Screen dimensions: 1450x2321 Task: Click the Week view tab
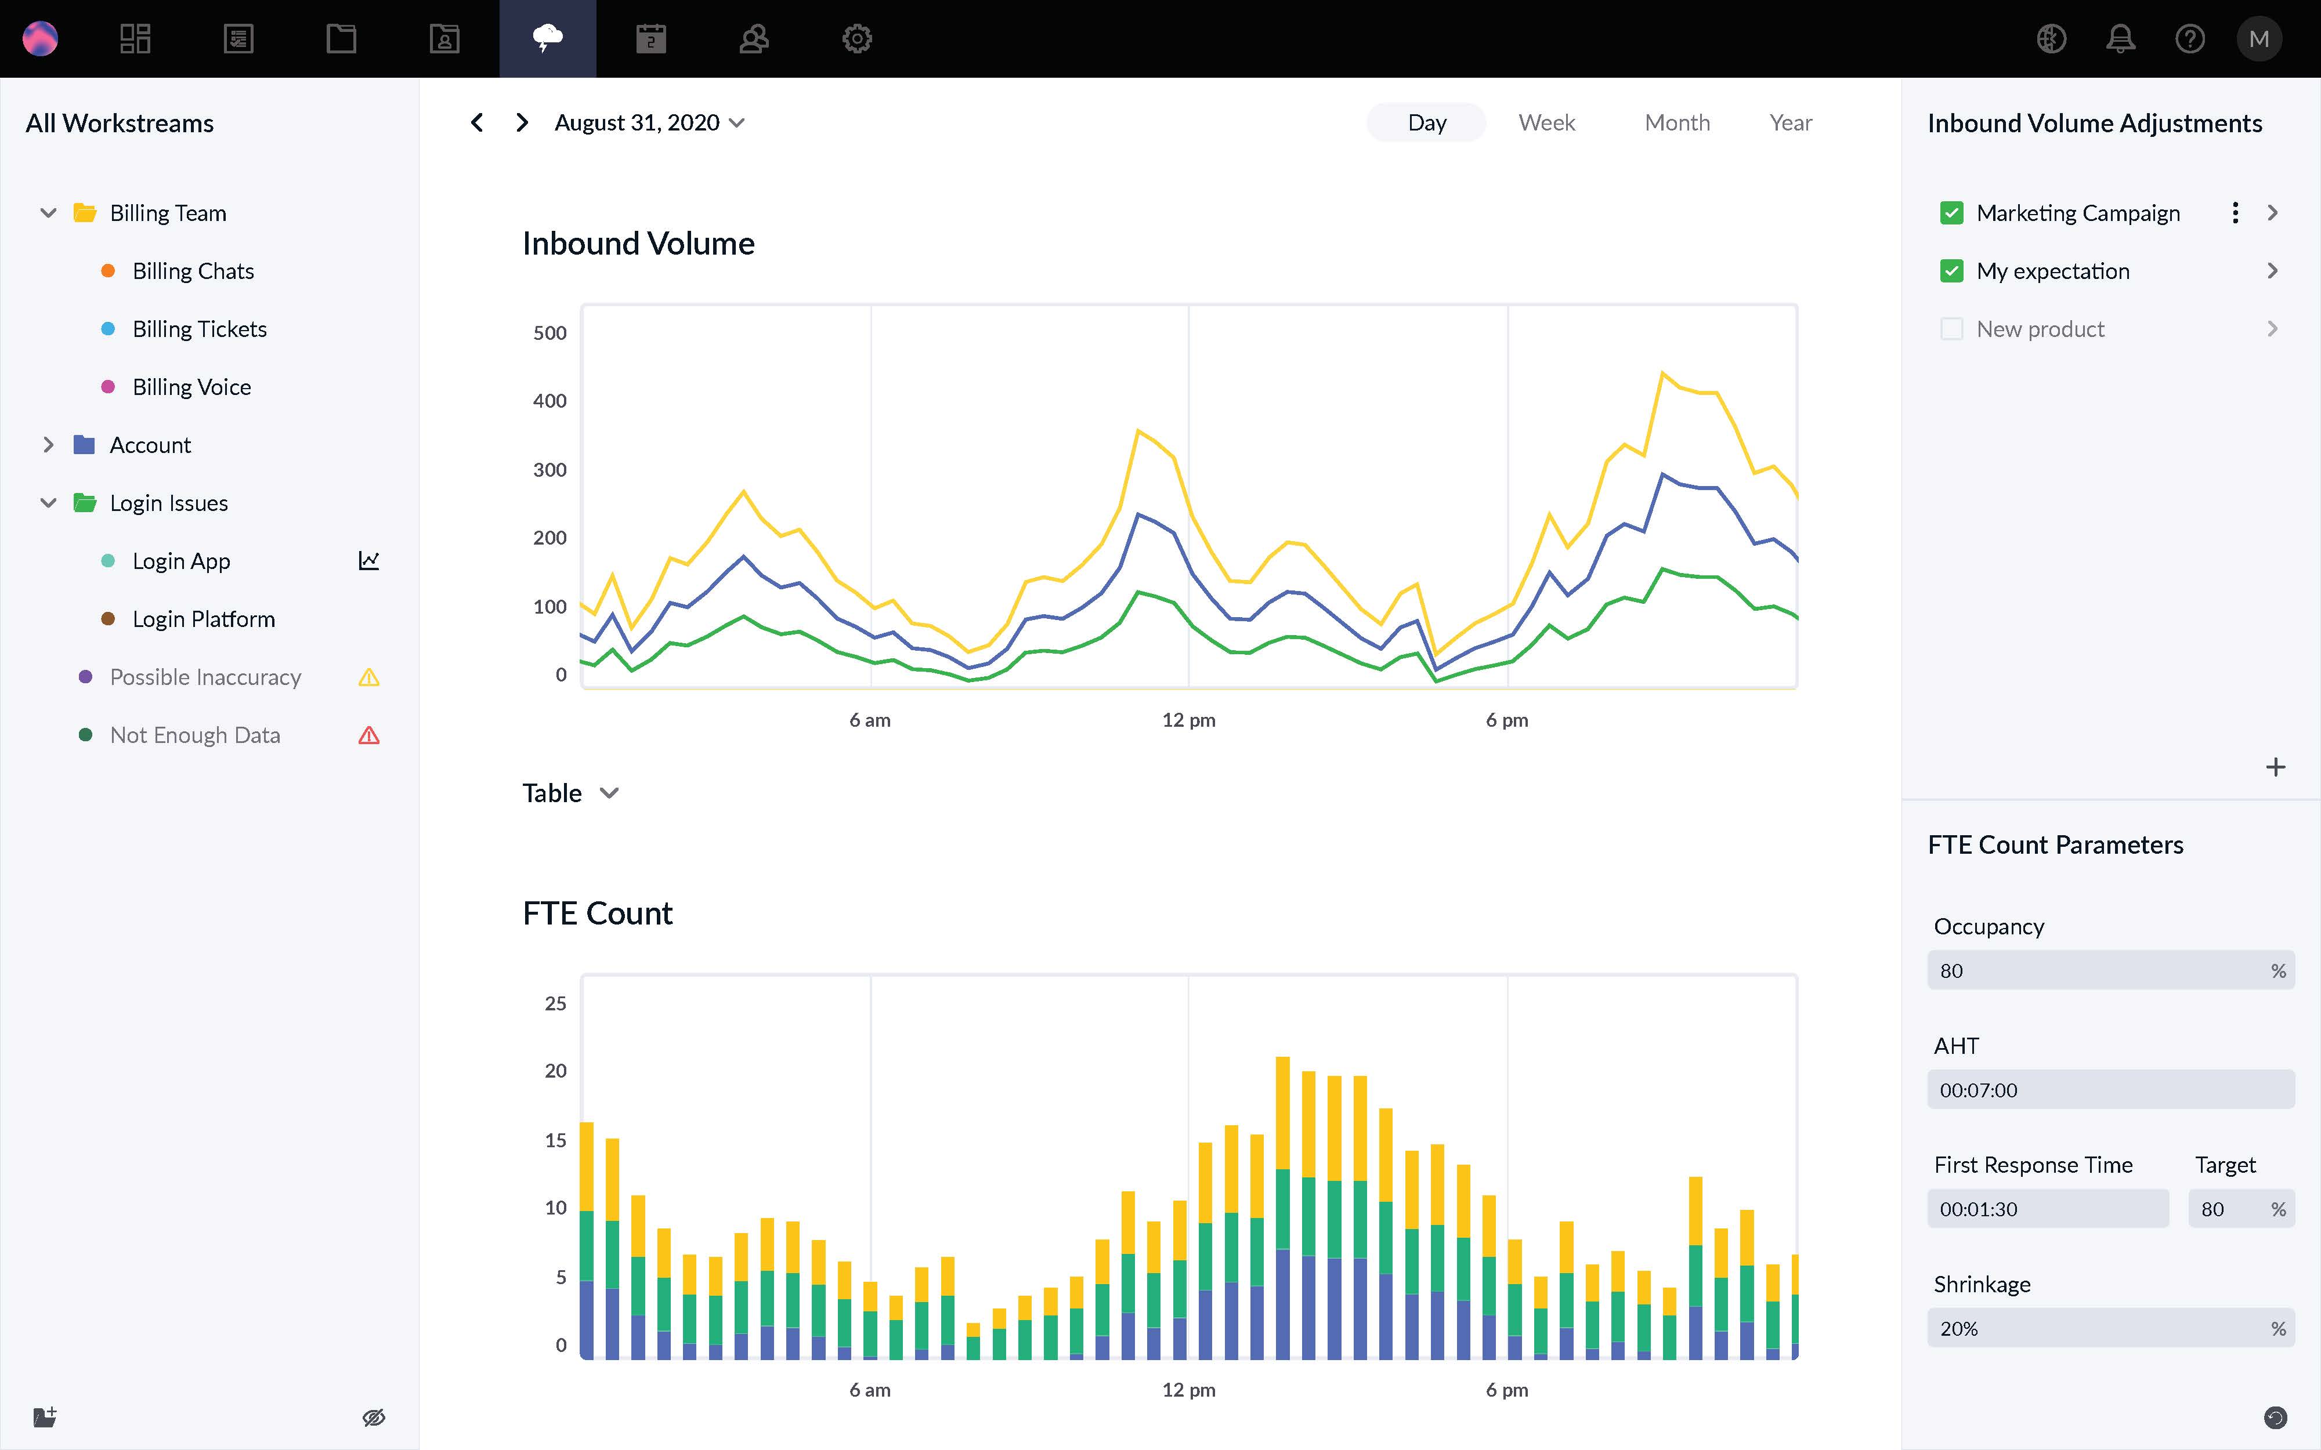(1546, 123)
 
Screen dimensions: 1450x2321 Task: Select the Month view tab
(1676, 123)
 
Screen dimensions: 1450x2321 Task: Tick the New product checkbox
(1951, 329)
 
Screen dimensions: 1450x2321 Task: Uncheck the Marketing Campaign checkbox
(1951, 213)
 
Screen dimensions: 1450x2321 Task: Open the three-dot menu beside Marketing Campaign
(2235, 213)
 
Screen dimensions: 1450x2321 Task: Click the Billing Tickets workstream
(200, 329)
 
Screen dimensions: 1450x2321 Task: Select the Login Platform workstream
(203, 619)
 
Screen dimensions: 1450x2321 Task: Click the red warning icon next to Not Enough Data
(369, 735)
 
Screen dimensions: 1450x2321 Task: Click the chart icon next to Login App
(369, 561)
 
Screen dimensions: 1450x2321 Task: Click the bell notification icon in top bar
(2120, 38)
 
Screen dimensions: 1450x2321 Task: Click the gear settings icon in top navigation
(856, 38)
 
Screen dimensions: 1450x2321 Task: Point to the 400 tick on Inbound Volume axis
(549, 401)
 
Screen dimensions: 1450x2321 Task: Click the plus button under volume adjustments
(2275, 767)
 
